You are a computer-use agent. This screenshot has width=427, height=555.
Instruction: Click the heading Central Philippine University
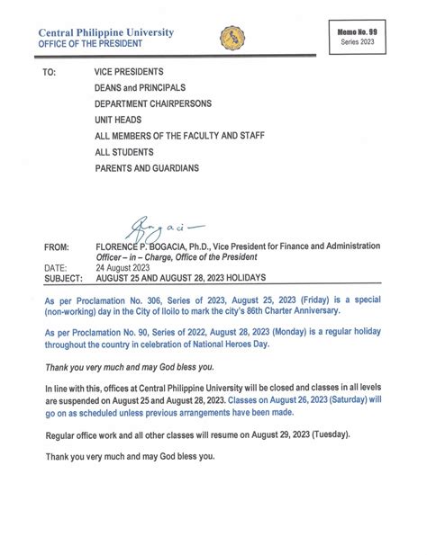pos(105,33)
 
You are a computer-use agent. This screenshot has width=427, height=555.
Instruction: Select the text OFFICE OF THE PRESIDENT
pos(91,46)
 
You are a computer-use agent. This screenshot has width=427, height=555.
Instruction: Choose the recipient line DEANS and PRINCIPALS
pos(140,87)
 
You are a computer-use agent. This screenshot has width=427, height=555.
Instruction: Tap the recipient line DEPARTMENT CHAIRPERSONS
pos(153,103)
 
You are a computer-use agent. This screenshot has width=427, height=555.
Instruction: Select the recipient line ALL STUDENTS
pos(124,152)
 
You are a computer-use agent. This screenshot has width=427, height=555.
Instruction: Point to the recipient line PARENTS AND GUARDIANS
pos(147,168)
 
